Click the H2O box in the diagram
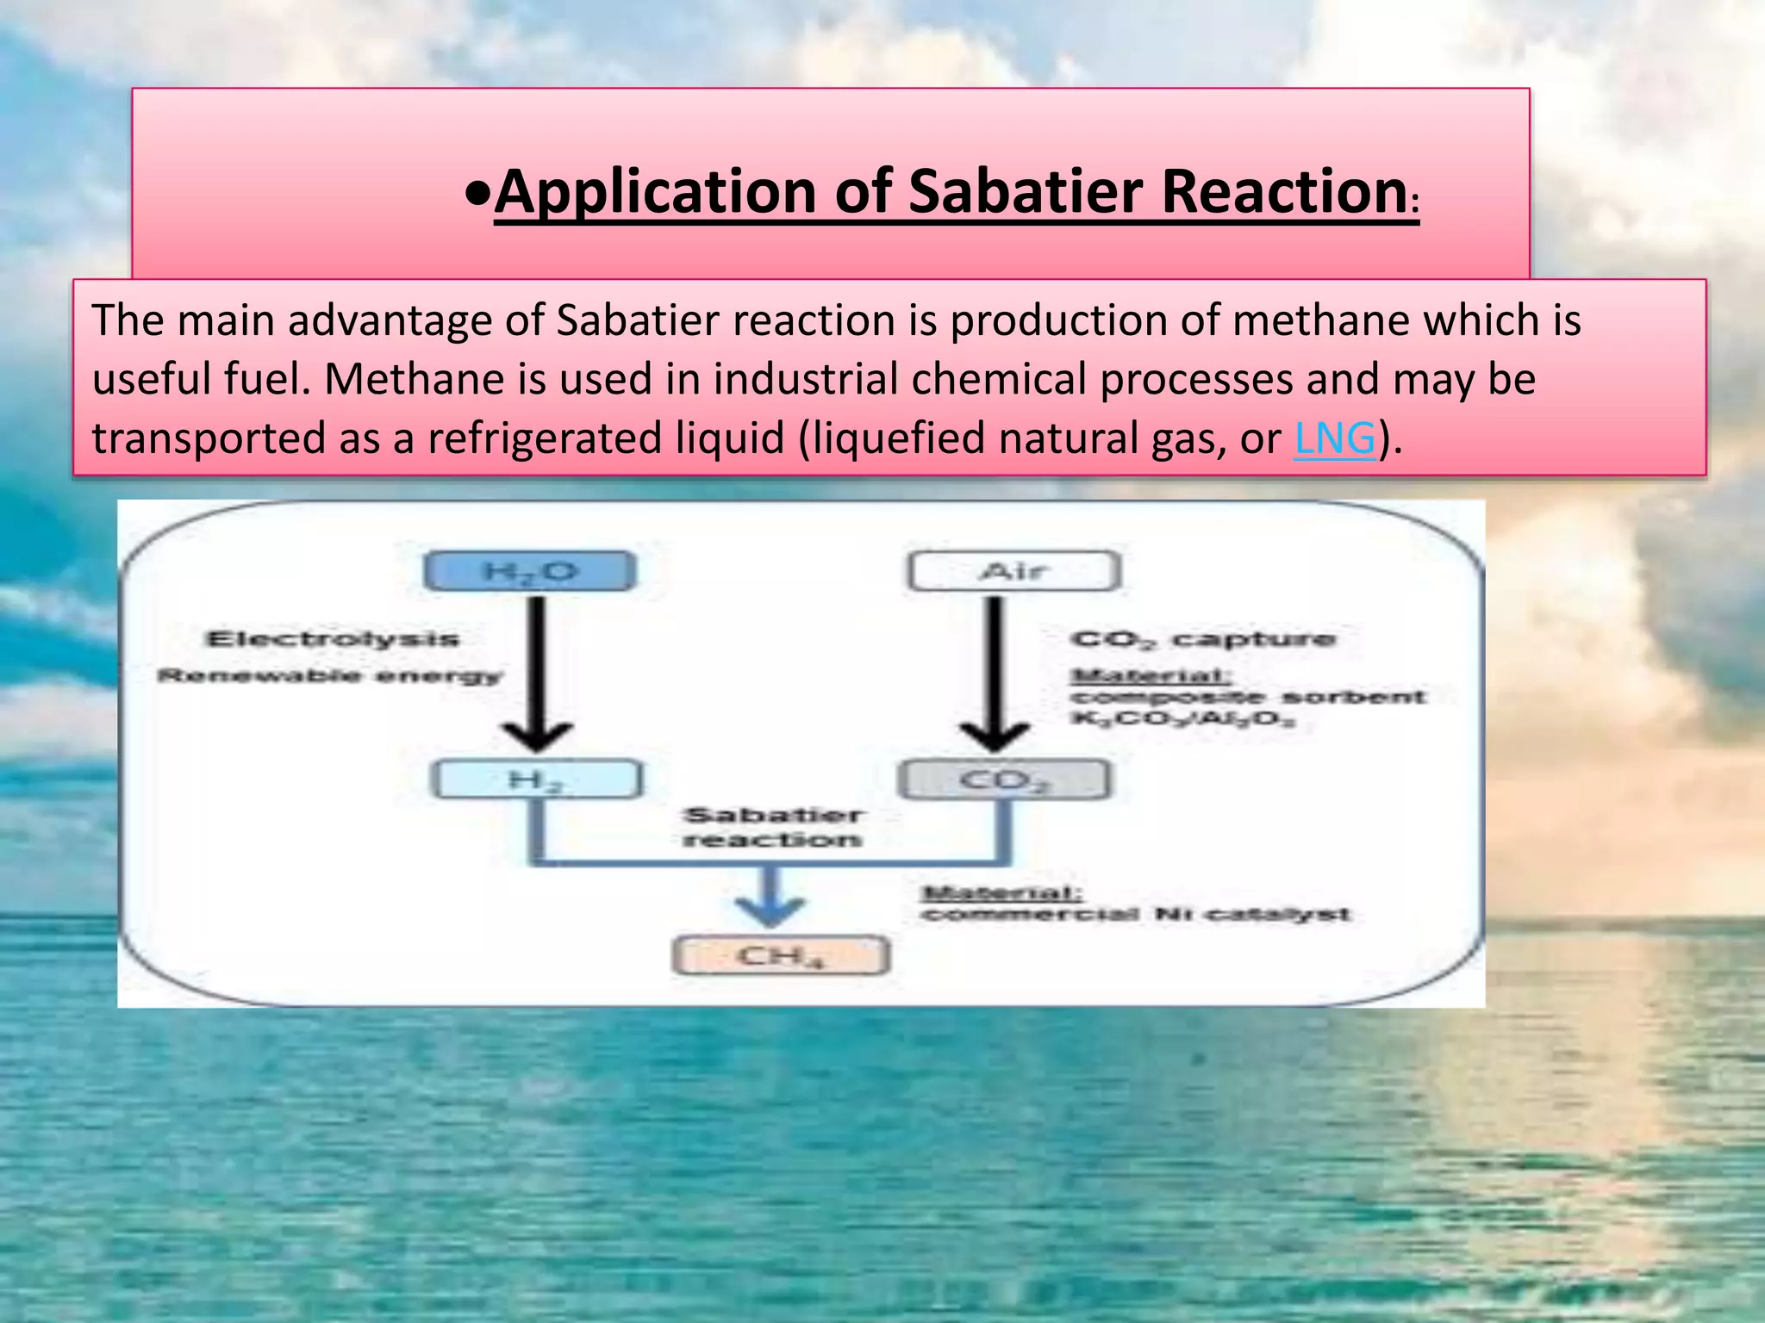[x=530, y=572]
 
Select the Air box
[x=1014, y=572]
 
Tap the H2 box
[x=536, y=780]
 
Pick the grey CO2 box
[x=1004, y=780]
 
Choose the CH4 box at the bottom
[x=780, y=956]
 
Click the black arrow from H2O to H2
[x=537, y=672]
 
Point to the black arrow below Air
[x=995, y=672]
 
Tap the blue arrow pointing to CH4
[x=770, y=900]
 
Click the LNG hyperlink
[x=1334, y=438]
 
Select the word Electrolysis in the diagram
[x=333, y=639]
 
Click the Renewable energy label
[x=329, y=675]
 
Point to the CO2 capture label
[x=1202, y=639]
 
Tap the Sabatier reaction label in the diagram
[x=772, y=827]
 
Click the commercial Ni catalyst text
[x=1135, y=914]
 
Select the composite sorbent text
[x=1247, y=696]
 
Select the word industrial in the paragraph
[x=806, y=379]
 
